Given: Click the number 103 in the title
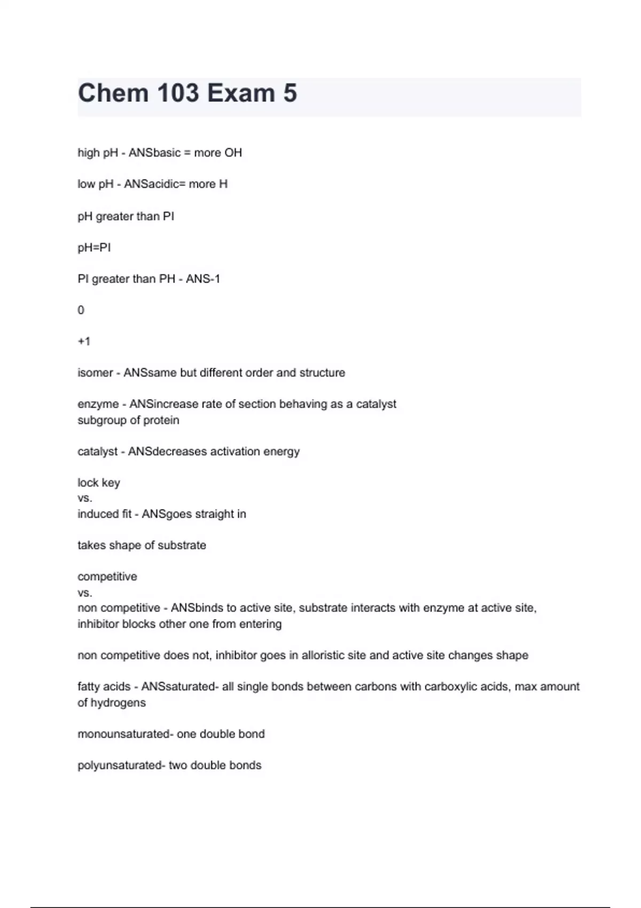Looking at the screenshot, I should point(178,93).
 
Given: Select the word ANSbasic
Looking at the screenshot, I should point(154,153).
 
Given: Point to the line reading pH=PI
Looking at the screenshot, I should point(94,247).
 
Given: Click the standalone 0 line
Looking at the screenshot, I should point(81,310).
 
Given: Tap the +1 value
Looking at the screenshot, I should point(84,341).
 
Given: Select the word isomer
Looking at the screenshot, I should point(95,373).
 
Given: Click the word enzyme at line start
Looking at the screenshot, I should point(98,404).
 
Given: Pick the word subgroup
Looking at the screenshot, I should point(100,420).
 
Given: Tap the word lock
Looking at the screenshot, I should point(88,483).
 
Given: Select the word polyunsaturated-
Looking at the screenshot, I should point(121,765).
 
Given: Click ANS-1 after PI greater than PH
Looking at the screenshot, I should point(203,279).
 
